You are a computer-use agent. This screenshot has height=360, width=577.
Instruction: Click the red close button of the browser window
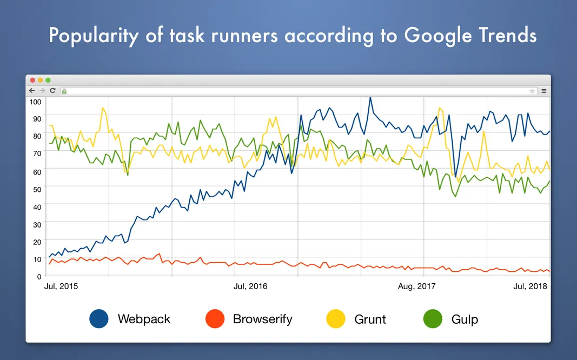[x=32, y=80]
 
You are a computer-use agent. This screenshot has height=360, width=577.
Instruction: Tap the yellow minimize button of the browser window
[x=40, y=80]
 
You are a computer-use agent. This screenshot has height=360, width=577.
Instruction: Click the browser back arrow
[x=32, y=91]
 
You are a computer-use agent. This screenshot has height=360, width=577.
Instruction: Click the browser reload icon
[x=52, y=91]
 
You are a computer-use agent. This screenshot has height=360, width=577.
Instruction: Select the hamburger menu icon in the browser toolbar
[x=543, y=91]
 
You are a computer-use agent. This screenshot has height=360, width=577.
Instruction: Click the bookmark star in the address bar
[x=532, y=91]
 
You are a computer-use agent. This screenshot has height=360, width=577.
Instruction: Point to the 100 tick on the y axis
[x=35, y=102]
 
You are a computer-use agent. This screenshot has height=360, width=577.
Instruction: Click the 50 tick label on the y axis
[x=37, y=189]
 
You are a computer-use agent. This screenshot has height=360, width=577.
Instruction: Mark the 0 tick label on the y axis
[x=38, y=276]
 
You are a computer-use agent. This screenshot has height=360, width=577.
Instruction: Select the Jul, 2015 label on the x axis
[x=61, y=286]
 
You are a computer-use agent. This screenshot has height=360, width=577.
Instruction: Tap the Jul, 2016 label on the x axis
[x=250, y=286]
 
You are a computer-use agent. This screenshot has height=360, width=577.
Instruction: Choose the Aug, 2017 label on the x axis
[x=416, y=286]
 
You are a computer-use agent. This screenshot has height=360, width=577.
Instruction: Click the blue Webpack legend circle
[x=99, y=319]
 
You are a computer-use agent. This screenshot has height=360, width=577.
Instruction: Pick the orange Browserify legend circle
[x=215, y=319]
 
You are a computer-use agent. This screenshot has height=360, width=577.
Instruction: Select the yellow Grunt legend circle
[x=336, y=319]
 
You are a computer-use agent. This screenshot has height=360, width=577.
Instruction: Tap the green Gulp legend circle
[x=433, y=319]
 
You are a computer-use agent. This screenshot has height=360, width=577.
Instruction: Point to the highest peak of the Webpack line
[x=370, y=98]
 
